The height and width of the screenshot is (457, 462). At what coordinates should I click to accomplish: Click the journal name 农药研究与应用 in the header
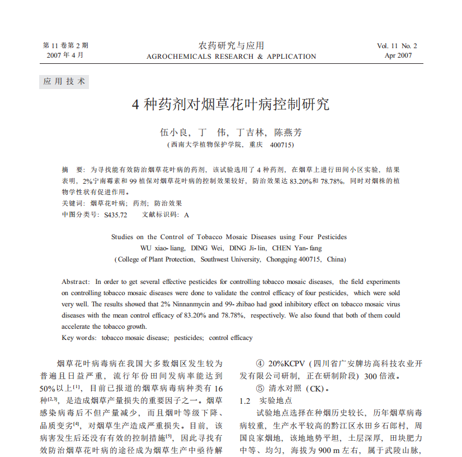point(231,45)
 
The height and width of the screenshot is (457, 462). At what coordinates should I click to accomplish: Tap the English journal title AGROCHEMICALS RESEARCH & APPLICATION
point(231,57)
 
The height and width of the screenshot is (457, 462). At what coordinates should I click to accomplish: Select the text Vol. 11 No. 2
point(397,46)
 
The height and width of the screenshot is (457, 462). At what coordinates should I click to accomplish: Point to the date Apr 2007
point(398,55)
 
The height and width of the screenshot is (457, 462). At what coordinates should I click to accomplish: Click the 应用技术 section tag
point(64,81)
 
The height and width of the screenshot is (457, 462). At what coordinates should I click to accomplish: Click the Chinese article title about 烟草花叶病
point(231,105)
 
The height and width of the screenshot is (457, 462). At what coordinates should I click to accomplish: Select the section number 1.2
point(244,401)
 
